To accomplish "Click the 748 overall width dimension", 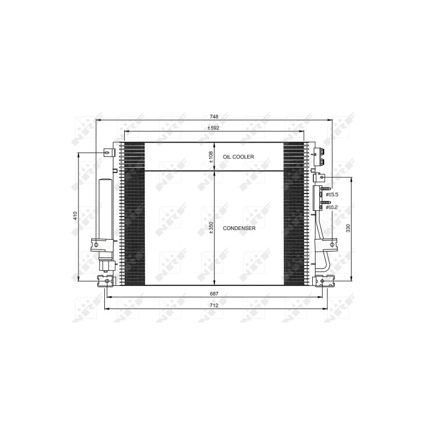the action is point(214,117).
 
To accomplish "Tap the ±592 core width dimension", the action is point(213,128).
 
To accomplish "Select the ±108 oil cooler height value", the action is point(211,157).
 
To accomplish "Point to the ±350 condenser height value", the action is point(211,228).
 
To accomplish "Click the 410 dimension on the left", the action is point(75,216).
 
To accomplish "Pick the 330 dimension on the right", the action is point(348,228).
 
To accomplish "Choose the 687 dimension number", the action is point(214,293).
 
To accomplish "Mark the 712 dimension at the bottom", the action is point(214,305).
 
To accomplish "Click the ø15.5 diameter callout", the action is point(332,195).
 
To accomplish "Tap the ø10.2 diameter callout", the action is point(332,207).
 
